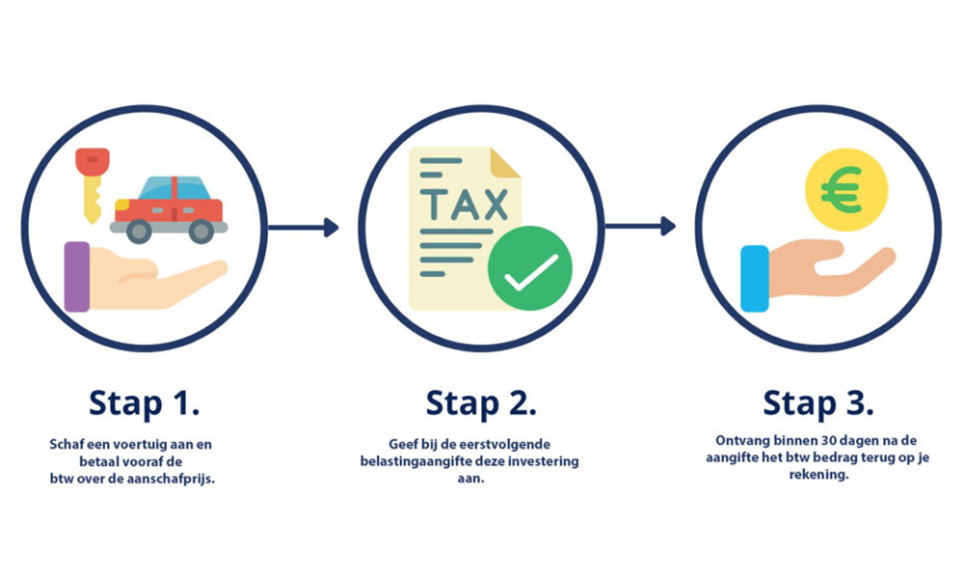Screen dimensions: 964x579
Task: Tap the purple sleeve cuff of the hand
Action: (76, 276)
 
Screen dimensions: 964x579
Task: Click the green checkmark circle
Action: (529, 267)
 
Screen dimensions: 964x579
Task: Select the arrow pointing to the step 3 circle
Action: (640, 228)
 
